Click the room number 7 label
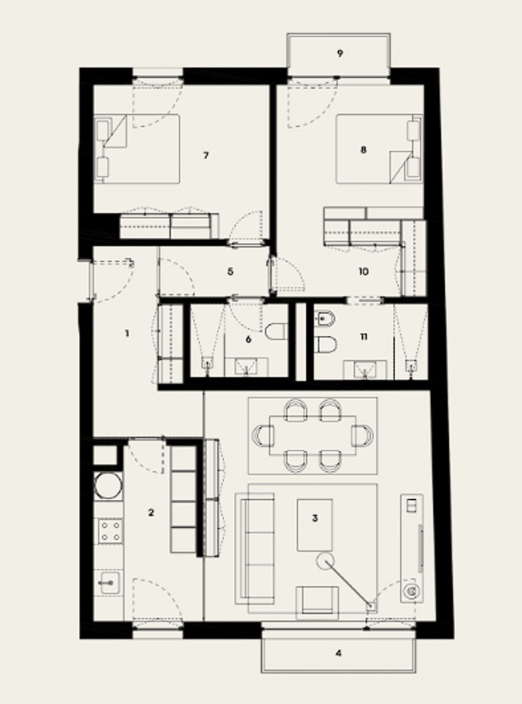coord(206,156)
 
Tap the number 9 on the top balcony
coord(340,54)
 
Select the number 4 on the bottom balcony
coord(339,653)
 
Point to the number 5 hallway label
coord(230,272)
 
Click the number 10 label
coord(364,272)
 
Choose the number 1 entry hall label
coord(127,333)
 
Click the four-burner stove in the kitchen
coord(110,531)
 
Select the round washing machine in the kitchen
coord(108,486)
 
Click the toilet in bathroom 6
coord(276,332)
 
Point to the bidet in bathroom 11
coord(325,320)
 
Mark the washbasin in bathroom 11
coord(365,370)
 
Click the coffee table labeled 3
coord(314,525)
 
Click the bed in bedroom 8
coord(379,149)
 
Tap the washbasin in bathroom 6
coord(247,367)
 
